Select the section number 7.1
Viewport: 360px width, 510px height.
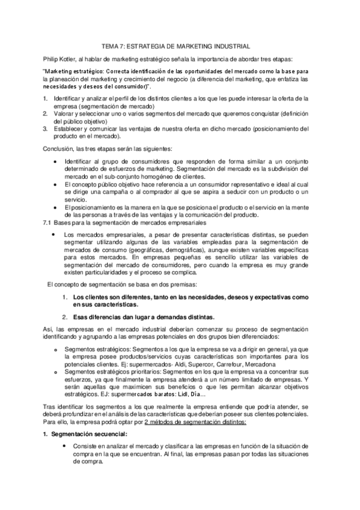pyautogui.click(x=49, y=223)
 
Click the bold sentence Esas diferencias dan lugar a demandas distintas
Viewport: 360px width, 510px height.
pyautogui.click(x=142, y=317)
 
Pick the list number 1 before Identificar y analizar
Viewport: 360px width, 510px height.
pyautogui.click(x=44, y=97)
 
